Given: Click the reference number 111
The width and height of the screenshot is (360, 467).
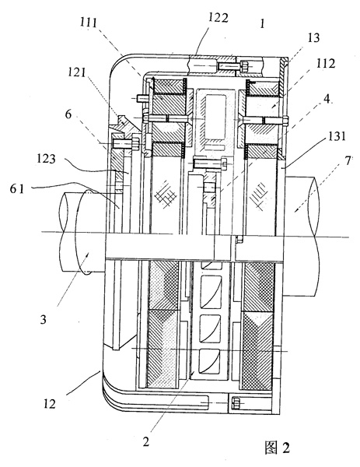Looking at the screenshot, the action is click(89, 22).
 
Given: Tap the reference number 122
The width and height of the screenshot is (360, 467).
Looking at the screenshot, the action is click(218, 18).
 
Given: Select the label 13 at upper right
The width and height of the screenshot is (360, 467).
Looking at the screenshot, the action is click(313, 38).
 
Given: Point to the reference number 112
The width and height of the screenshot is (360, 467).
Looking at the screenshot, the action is click(326, 64).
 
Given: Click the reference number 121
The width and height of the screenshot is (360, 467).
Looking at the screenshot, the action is click(77, 72).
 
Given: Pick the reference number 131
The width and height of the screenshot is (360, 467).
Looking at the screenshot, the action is click(337, 136).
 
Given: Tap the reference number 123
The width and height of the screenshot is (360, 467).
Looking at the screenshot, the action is click(47, 158).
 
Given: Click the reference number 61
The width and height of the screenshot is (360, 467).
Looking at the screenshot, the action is click(16, 188).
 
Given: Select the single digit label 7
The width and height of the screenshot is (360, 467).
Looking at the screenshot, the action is click(348, 161).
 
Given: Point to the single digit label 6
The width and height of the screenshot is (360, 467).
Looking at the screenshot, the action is click(68, 114).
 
